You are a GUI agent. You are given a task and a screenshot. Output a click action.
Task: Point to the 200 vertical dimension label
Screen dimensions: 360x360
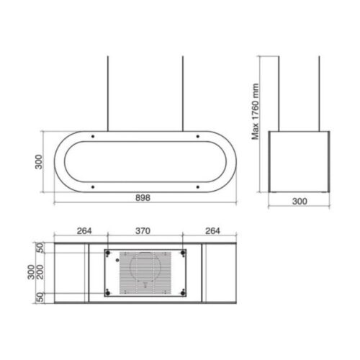pos(40,272)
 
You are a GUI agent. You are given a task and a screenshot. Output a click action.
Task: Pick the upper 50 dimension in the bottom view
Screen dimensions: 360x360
pos(40,247)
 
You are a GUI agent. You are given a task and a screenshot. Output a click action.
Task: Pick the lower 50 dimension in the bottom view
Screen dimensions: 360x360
pos(40,297)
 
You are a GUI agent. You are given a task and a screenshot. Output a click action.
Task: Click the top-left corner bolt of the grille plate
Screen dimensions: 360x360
pos(109,253)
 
